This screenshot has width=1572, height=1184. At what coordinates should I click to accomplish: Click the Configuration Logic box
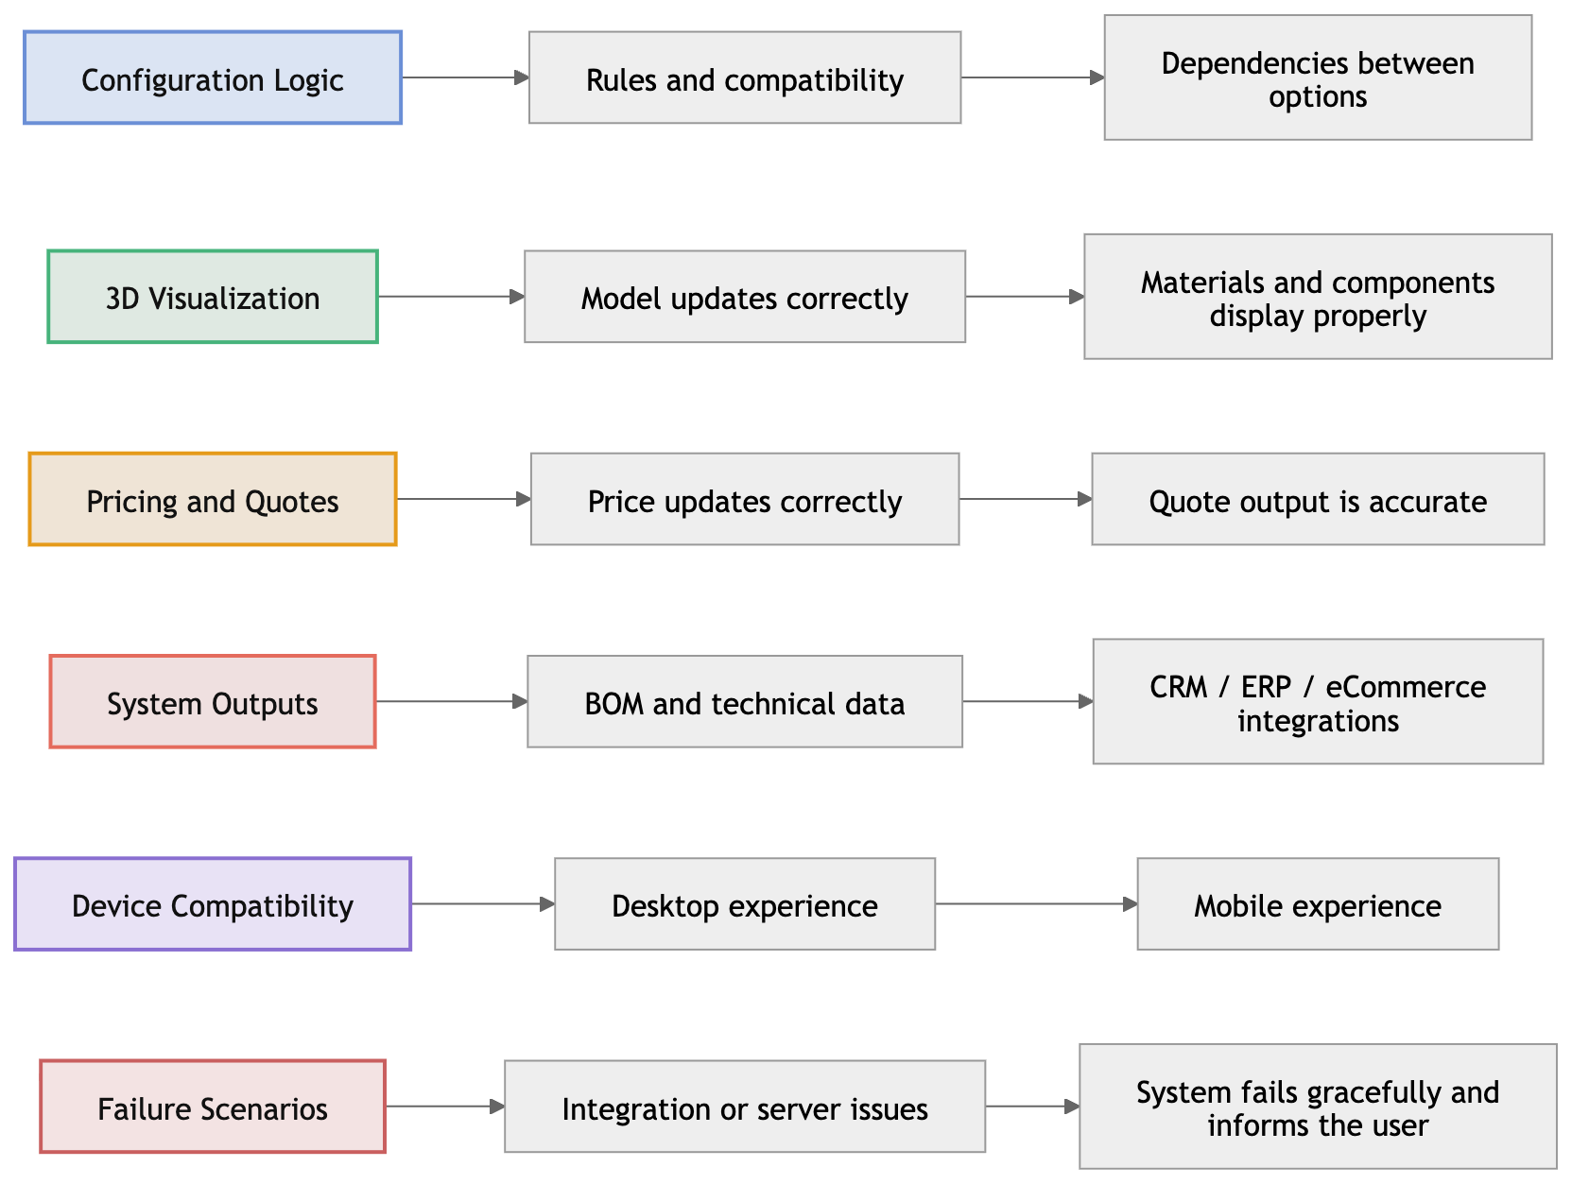click(x=213, y=78)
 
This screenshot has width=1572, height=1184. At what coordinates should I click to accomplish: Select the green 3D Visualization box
click(x=213, y=298)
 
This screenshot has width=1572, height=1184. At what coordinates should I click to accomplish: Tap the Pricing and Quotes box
click(x=213, y=500)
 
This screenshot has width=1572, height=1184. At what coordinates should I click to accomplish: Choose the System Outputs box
click(x=213, y=702)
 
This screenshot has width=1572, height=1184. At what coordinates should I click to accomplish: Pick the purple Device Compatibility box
click(x=213, y=904)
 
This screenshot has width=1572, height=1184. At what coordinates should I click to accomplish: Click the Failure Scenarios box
click(x=213, y=1107)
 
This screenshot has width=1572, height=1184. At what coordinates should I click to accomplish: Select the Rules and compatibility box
click(x=745, y=78)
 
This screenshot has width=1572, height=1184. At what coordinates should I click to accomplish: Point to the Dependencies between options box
click(x=1318, y=78)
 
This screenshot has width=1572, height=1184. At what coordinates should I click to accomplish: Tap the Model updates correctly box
click(x=745, y=298)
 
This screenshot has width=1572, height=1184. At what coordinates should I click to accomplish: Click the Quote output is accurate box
click(x=1318, y=500)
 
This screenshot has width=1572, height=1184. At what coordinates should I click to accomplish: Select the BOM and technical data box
click(x=745, y=702)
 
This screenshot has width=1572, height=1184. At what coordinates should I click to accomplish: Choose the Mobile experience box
click(x=1318, y=904)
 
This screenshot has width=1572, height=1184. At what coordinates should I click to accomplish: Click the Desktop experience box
click(x=745, y=904)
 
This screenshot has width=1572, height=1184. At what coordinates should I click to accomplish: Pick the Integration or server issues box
click(x=745, y=1107)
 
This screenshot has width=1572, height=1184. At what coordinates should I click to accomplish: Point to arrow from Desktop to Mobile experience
click(x=1036, y=904)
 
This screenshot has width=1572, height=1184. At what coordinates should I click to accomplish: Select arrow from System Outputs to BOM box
click(x=452, y=701)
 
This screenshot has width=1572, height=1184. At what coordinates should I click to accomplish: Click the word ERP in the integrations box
click(x=1266, y=687)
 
